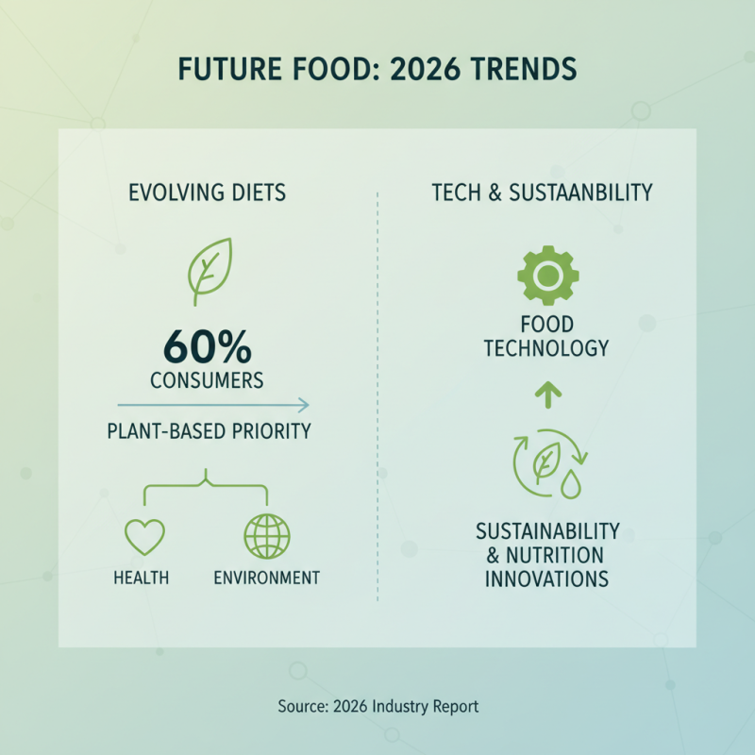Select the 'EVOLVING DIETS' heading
pyautogui.click(x=207, y=193)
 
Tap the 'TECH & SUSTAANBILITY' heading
pyautogui.click(x=542, y=193)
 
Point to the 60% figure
pyautogui.click(x=207, y=348)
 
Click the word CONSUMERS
pyautogui.click(x=207, y=381)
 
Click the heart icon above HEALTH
pyautogui.click(x=145, y=536)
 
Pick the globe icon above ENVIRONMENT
pyautogui.click(x=267, y=536)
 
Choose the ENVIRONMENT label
pyautogui.click(x=266, y=578)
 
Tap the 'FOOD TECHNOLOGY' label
pyautogui.click(x=546, y=337)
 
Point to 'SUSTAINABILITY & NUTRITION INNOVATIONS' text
pyautogui.click(x=547, y=554)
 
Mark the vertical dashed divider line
pyautogui.click(x=377, y=396)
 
